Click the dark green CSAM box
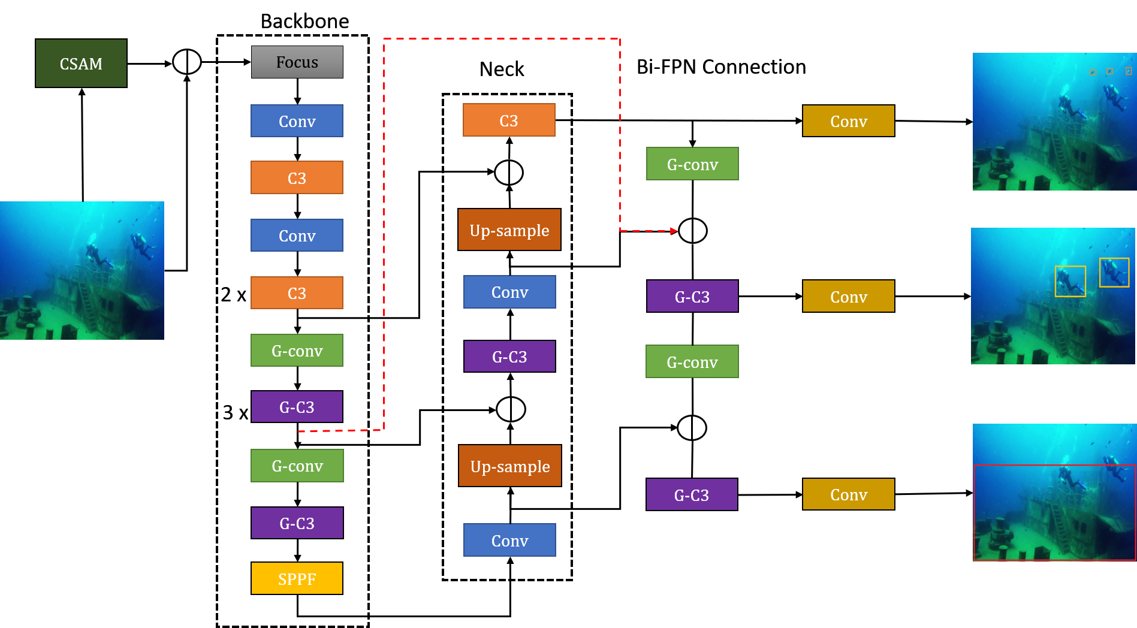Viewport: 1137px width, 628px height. tap(81, 64)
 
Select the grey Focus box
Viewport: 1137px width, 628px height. tap(297, 62)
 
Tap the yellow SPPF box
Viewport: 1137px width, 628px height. tap(297, 578)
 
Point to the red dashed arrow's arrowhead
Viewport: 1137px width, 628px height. tap(674, 231)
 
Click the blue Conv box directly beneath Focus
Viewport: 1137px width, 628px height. tap(297, 121)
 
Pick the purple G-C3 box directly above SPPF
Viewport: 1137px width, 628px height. tap(297, 523)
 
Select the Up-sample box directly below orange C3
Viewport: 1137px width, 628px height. tap(509, 230)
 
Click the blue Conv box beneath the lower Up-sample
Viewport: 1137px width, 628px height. tap(509, 540)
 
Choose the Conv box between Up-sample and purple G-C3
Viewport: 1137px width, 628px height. tap(509, 292)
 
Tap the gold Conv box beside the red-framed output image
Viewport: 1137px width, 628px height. tap(848, 494)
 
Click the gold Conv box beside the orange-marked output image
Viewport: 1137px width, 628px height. tap(848, 121)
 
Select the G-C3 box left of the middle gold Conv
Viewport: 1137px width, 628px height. tap(692, 296)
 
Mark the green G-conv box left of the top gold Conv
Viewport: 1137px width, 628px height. tap(692, 164)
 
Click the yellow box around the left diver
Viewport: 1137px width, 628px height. tap(1070, 281)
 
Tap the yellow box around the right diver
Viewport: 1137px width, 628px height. tap(1114, 272)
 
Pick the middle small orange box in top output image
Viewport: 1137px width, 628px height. tap(1109, 71)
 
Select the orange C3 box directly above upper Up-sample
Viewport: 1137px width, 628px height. tap(509, 120)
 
